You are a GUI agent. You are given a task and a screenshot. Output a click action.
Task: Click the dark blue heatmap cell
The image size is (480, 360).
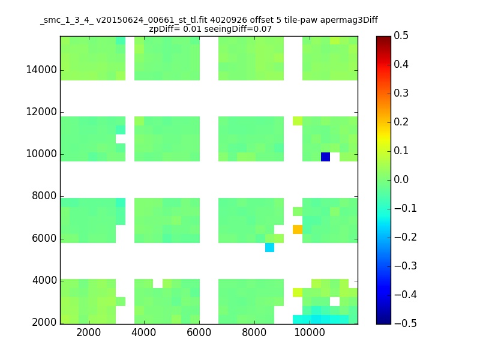tap(325, 157)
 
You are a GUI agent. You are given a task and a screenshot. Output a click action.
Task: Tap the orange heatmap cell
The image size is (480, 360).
tap(298, 229)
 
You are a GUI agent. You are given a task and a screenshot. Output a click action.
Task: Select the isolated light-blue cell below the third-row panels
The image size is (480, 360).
tap(269, 247)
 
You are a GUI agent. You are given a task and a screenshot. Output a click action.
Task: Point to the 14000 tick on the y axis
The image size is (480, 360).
tap(41, 70)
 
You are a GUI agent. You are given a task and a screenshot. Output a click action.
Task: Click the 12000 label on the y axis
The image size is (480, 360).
tap(41, 112)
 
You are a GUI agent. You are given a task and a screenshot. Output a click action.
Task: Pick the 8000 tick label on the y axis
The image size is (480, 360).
tap(44, 196)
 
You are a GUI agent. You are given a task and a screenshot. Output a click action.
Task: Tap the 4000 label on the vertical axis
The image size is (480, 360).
tap(44, 280)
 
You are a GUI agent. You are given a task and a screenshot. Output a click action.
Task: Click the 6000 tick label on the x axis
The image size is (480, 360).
tap(199, 332)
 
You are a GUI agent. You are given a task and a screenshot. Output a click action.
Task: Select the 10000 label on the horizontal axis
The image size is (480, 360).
tap(310, 332)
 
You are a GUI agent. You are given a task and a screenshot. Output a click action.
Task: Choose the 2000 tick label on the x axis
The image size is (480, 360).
tap(88, 332)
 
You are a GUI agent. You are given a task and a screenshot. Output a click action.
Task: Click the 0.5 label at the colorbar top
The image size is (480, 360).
tap(401, 35)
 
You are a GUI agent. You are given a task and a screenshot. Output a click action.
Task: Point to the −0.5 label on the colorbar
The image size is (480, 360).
tap(406, 323)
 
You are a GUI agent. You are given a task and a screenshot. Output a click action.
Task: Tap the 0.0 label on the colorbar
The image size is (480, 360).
tap(401, 179)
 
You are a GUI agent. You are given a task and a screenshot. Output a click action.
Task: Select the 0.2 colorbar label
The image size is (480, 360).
tap(401, 122)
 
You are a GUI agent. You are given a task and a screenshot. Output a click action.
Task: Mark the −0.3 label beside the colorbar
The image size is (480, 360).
tap(406, 266)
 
